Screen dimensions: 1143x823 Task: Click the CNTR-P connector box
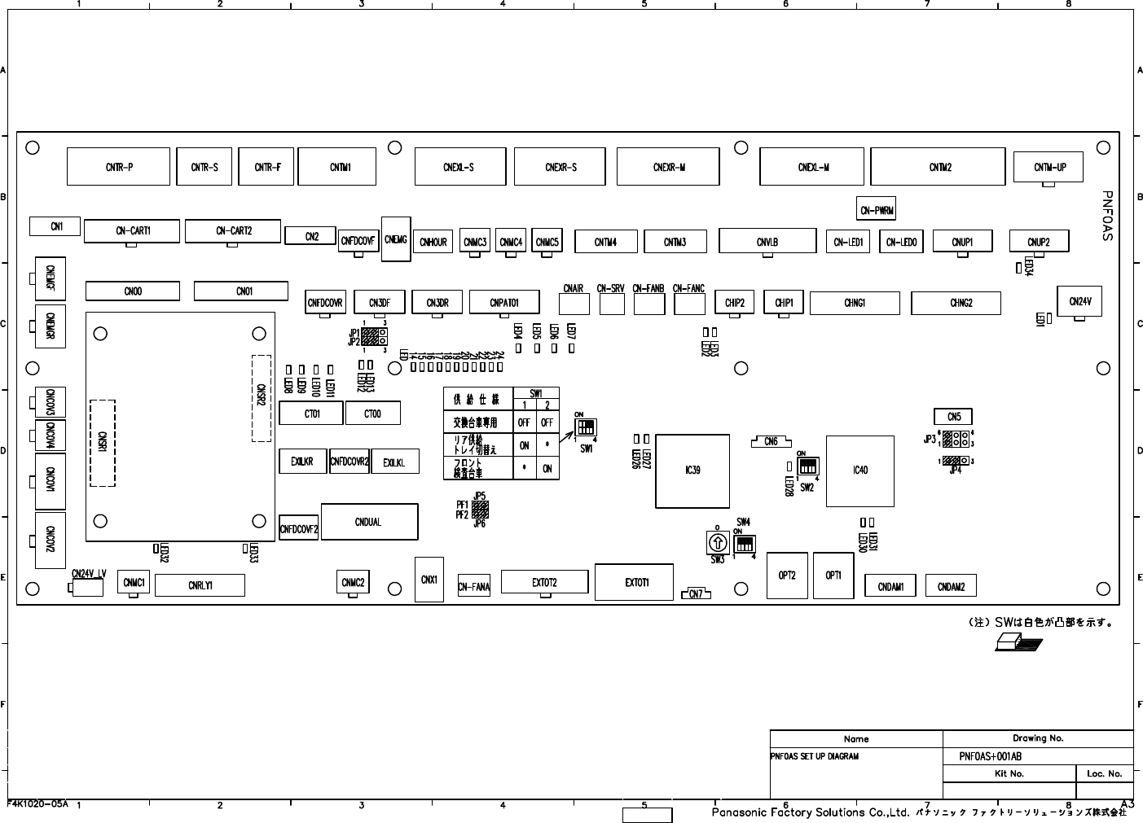click(119, 167)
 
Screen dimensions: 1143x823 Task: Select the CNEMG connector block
click(395, 239)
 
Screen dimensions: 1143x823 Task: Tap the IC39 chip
click(692, 471)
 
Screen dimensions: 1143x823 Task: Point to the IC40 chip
click(860, 471)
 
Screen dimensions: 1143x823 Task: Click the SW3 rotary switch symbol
click(717, 542)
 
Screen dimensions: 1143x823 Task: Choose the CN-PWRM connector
click(877, 210)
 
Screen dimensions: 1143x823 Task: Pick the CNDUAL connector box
click(369, 522)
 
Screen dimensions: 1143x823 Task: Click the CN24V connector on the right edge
click(1079, 301)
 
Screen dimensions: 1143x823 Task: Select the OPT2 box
click(786, 576)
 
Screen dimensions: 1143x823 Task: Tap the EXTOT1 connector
click(634, 582)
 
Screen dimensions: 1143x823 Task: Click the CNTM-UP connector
click(1049, 168)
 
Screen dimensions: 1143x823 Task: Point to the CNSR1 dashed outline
click(103, 443)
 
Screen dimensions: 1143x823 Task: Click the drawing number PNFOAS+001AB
click(990, 756)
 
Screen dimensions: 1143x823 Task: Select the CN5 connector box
click(953, 418)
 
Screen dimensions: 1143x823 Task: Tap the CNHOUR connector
click(433, 242)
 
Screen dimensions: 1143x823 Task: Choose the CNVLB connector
click(767, 242)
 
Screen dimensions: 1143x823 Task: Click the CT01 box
click(311, 414)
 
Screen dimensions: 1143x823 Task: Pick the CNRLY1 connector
click(200, 585)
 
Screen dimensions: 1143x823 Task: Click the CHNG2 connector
click(961, 303)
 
